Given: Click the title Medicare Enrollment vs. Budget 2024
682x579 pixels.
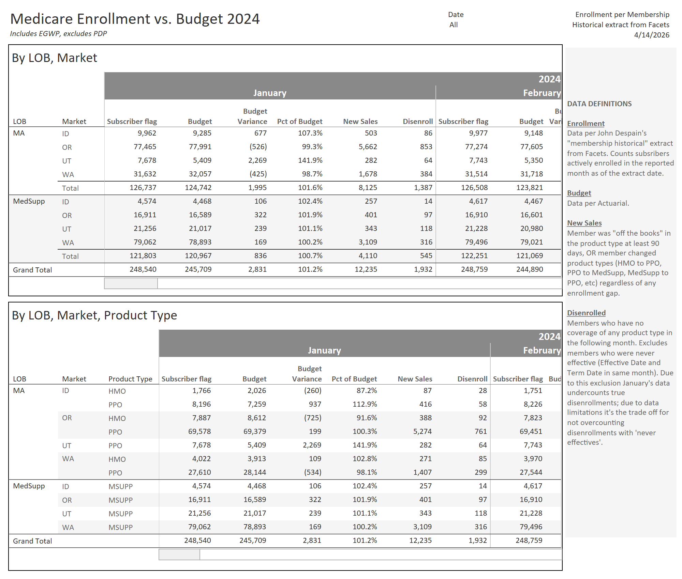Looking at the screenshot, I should coord(135,19).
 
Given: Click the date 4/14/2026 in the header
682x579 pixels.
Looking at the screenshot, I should coord(651,35).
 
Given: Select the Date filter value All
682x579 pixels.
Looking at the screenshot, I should coord(453,25).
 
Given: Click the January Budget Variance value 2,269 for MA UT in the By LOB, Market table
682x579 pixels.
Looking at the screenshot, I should coord(257,160).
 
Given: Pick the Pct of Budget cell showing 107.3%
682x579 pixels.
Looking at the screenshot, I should coord(310,133).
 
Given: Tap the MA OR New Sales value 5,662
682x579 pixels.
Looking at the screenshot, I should coord(368,147).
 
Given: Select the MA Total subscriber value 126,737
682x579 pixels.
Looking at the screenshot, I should coord(143,188).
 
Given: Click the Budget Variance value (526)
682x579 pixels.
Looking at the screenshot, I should coord(258,147).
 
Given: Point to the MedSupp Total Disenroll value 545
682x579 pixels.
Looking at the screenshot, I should coord(426,256).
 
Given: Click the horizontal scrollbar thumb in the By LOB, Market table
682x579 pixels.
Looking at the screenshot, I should coord(131,283).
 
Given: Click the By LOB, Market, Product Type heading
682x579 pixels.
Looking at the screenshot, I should coord(94,315).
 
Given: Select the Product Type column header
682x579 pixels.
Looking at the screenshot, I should coord(130,379).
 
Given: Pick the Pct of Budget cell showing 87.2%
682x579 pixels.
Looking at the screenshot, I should coord(367,391).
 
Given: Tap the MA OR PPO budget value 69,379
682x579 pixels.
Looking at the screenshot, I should coord(254,432).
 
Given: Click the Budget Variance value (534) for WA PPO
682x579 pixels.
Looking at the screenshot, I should coord(313,472).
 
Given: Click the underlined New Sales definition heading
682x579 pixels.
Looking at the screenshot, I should coord(584,223).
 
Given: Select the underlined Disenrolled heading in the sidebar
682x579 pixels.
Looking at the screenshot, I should coord(586,313).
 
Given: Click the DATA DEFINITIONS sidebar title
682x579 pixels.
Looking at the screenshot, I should coord(599,104).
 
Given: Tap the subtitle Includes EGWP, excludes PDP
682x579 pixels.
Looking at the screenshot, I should coord(58,34).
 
